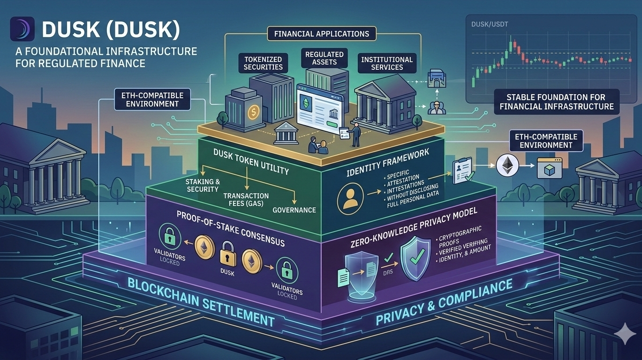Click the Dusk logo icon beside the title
pyautogui.click(x=22, y=30)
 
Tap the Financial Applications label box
pyautogui.click(x=318, y=34)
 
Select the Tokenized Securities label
pyautogui.click(x=263, y=63)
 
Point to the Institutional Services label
pyautogui.click(x=387, y=63)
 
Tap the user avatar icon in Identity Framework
pyautogui.click(x=350, y=197)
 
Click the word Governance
pyautogui.click(x=294, y=210)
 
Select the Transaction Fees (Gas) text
pyautogui.click(x=246, y=199)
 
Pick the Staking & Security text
pyautogui.click(x=203, y=185)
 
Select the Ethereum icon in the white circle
pyautogui.click(x=508, y=165)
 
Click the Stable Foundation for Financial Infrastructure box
pyautogui.click(x=556, y=102)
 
